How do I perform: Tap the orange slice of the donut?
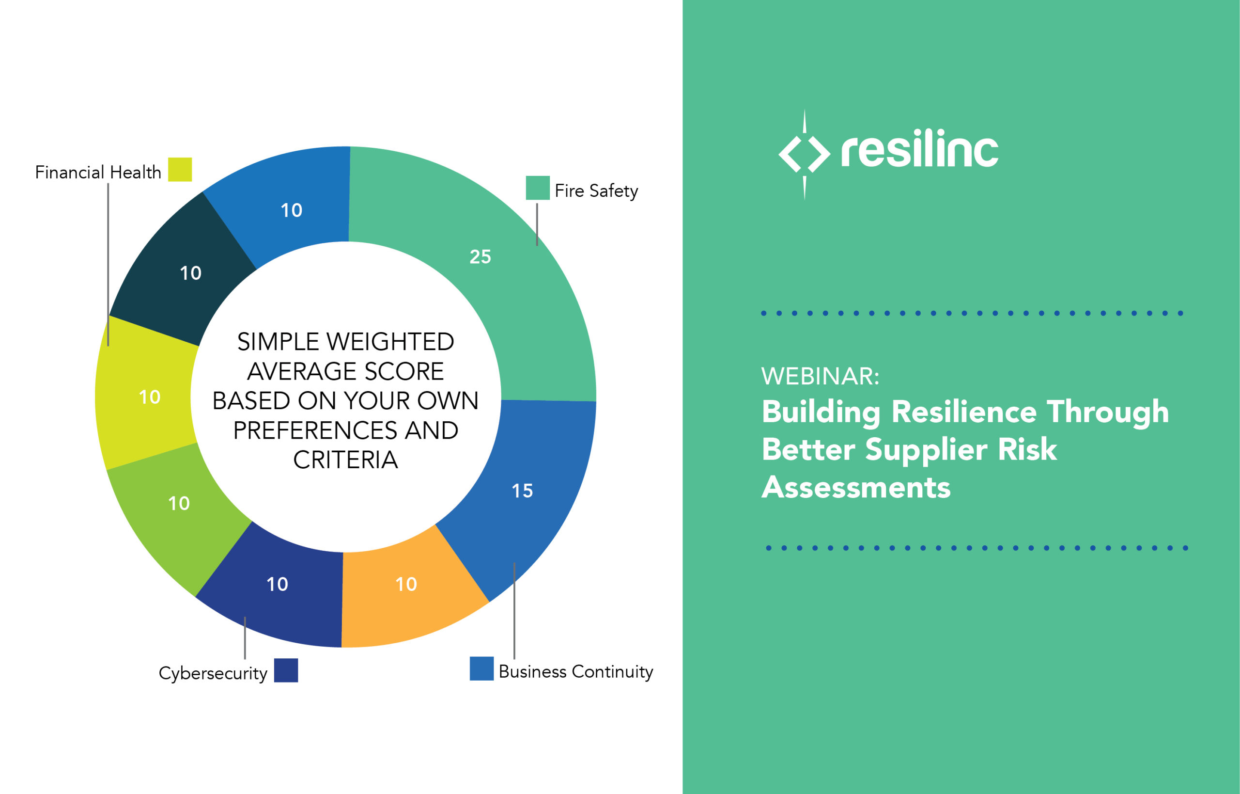407,593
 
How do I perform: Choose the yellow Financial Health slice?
147,397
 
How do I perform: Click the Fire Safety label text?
596,191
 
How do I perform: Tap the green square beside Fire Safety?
537,188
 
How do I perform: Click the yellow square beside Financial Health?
180,170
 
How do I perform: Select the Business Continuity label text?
575,671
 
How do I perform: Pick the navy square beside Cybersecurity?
286,670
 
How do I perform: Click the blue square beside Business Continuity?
481,668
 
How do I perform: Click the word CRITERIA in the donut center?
345,460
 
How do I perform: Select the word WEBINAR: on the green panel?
820,376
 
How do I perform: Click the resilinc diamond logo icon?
804,153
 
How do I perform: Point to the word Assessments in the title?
856,487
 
